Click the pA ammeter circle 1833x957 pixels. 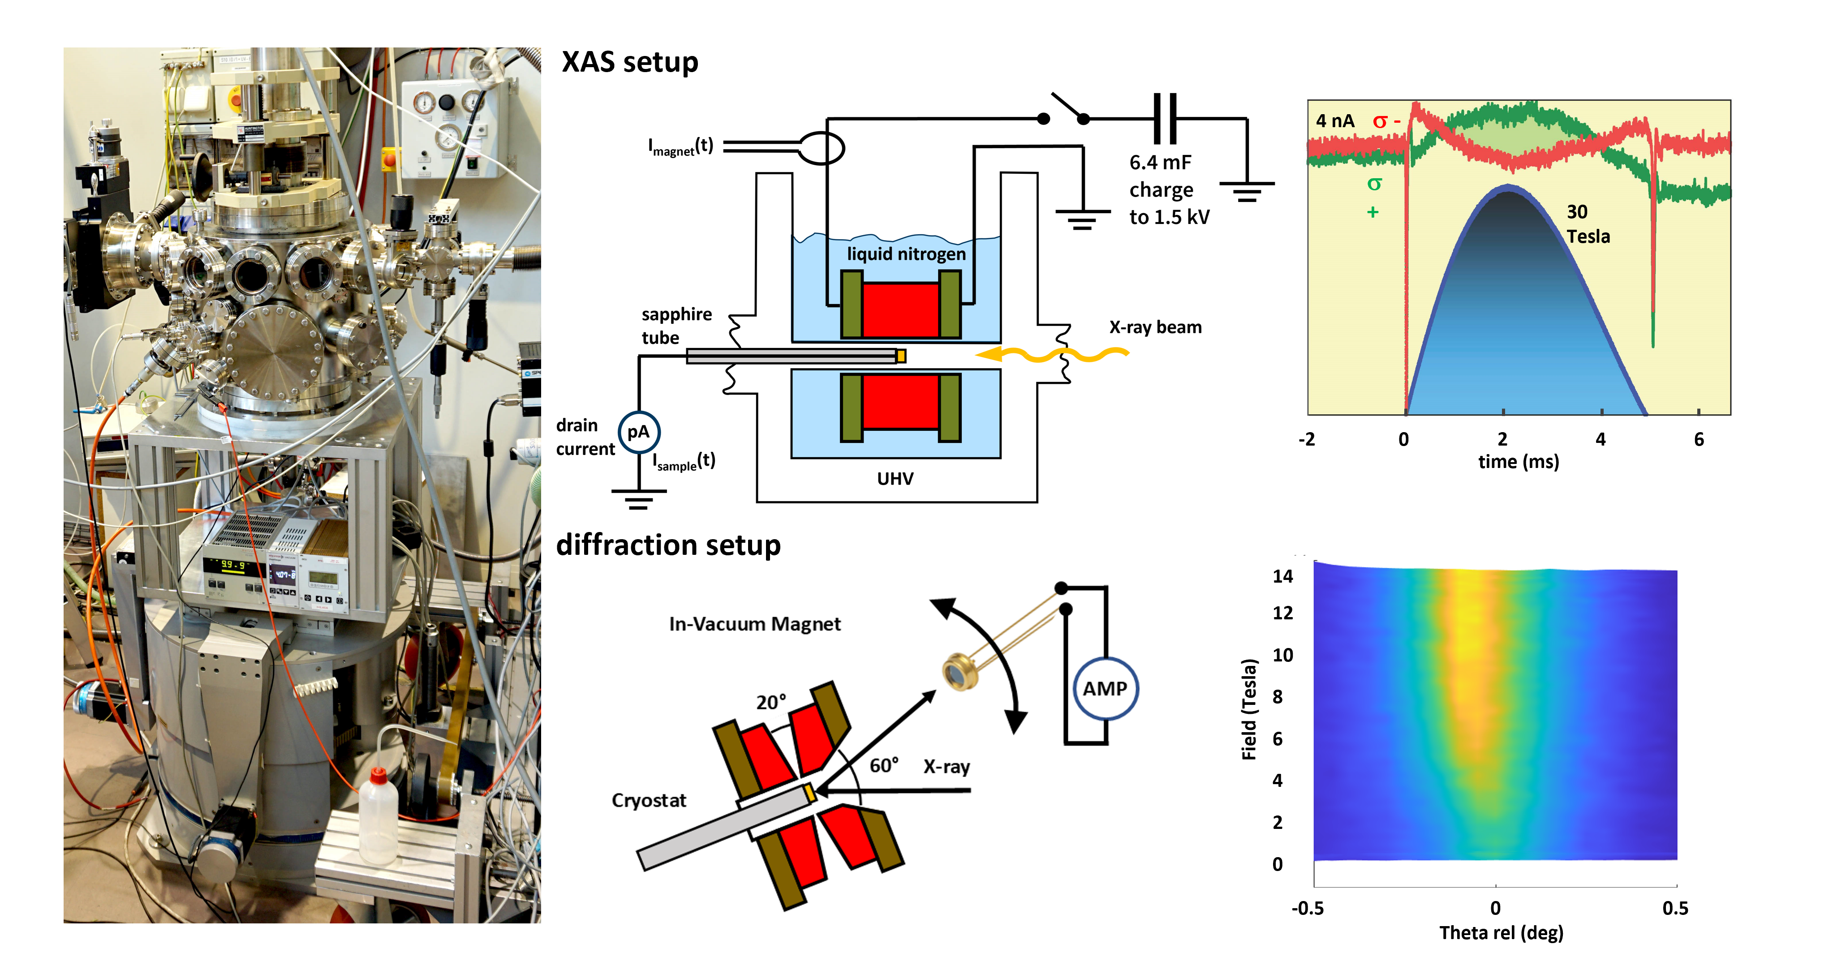tap(639, 432)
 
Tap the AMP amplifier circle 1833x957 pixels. tap(1105, 689)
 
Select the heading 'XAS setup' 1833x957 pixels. tap(630, 63)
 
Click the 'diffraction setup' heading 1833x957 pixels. tap(668, 545)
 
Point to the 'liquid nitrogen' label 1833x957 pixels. tap(906, 254)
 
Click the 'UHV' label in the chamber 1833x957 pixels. tap(895, 479)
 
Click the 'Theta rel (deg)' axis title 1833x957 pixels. tap(1502, 933)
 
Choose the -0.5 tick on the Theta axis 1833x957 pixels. tap(1308, 909)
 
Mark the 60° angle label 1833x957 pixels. tap(884, 766)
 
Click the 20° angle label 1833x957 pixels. tap(770, 702)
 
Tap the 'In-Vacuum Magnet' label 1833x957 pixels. tap(754, 624)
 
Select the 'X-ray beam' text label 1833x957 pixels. tap(1155, 327)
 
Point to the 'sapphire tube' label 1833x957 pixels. tap(676, 326)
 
